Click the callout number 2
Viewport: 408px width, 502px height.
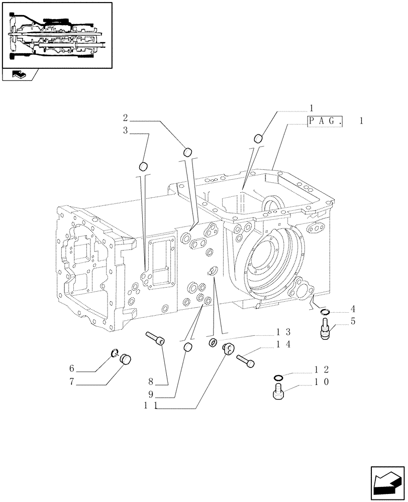pos(126,118)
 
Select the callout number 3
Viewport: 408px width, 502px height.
pos(126,131)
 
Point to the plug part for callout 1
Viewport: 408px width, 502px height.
pos(259,138)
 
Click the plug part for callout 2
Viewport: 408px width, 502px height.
pos(187,151)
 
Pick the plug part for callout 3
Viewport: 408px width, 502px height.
pos(143,166)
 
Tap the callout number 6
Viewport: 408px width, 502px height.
pos(72,369)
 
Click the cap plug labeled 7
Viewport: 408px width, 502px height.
pos(124,358)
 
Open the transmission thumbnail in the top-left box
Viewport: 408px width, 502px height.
pos(57,35)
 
